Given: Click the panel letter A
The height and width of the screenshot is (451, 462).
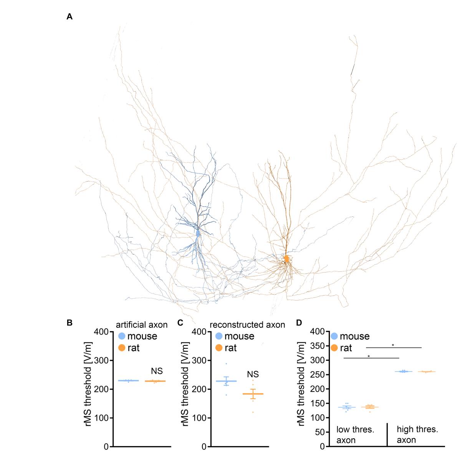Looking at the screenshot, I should (70, 17).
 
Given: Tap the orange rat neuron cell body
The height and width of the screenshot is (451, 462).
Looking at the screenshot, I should (286, 259).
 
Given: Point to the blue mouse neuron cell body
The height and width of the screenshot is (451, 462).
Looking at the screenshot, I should (198, 233).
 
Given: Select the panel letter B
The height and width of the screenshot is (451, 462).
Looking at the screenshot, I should (70, 322).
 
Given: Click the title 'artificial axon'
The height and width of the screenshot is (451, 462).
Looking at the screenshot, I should (142, 325).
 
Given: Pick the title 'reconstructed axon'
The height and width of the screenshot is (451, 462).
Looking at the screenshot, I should (247, 325).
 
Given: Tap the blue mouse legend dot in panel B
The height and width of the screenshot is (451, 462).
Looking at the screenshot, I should (122, 336).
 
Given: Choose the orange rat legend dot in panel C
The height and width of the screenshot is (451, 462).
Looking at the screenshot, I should (219, 348).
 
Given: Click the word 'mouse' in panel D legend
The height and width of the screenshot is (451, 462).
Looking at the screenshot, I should (354, 336).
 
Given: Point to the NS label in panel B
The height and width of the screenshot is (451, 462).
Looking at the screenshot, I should (157, 371).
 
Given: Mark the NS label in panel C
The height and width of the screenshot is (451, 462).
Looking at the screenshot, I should (253, 374).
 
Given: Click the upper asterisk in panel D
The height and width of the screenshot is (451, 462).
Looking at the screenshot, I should (393, 345).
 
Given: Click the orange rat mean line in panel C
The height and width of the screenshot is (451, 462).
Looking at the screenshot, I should (253, 394).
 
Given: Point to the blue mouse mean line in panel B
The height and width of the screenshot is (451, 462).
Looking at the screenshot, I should (128, 380).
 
